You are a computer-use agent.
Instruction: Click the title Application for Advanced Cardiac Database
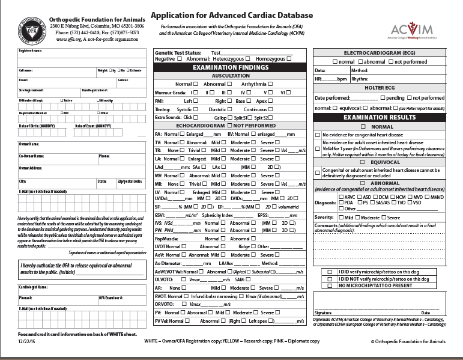(231, 15)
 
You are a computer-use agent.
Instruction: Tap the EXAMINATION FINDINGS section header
(231, 68)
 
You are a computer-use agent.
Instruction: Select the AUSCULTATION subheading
(231, 76)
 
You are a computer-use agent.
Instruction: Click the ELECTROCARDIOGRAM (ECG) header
(380, 52)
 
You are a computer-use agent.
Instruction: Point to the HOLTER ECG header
(379, 88)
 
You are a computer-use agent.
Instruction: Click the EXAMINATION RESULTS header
(379, 117)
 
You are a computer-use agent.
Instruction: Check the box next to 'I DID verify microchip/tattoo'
(330, 272)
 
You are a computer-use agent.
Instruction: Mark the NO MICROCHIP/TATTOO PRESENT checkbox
(330, 285)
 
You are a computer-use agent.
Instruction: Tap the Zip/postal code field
(130, 184)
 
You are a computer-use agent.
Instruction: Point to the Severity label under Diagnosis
(324, 217)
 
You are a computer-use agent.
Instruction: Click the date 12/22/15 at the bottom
(27, 340)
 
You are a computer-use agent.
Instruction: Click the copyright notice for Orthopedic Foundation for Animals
(408, 340)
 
